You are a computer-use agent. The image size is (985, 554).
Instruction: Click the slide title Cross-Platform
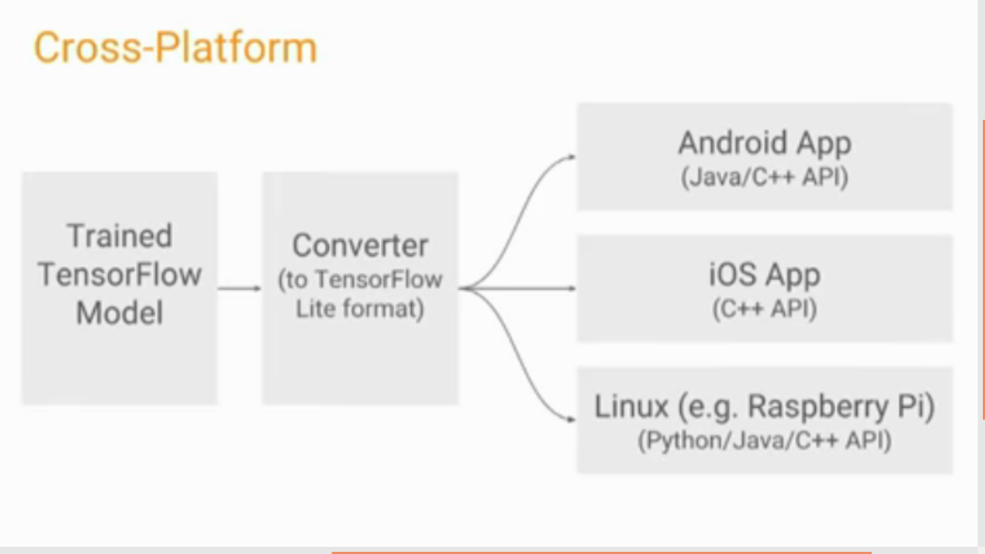pos(175,48)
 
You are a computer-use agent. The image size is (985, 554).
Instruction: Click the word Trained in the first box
pos(119,236)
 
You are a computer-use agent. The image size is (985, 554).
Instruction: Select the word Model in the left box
pos(120,313)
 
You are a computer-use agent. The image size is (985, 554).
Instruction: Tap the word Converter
pos(360,245)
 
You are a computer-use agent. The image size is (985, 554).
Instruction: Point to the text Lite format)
pos(360,309)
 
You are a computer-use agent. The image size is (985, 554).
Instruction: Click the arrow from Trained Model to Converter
pos(239,289)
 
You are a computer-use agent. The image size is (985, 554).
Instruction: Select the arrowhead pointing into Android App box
pos(570,157)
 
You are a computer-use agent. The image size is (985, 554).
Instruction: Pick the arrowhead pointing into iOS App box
pos(570,289)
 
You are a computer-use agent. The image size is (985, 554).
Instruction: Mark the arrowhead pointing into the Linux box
pos(570,419)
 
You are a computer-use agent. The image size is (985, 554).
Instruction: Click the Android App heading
pos(764,144)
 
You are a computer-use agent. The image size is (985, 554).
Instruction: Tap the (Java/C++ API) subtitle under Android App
pos(764,177)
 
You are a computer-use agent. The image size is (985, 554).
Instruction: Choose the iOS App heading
pos(764,275)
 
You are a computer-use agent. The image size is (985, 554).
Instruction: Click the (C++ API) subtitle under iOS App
pos(764,309)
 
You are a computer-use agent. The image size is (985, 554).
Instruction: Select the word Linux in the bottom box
pos(632,406)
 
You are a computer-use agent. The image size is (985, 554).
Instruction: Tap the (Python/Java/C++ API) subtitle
pos(764,441)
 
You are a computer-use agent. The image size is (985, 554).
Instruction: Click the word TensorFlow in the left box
pos(120,275)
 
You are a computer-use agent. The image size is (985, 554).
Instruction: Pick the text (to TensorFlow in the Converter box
pos(360,280)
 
